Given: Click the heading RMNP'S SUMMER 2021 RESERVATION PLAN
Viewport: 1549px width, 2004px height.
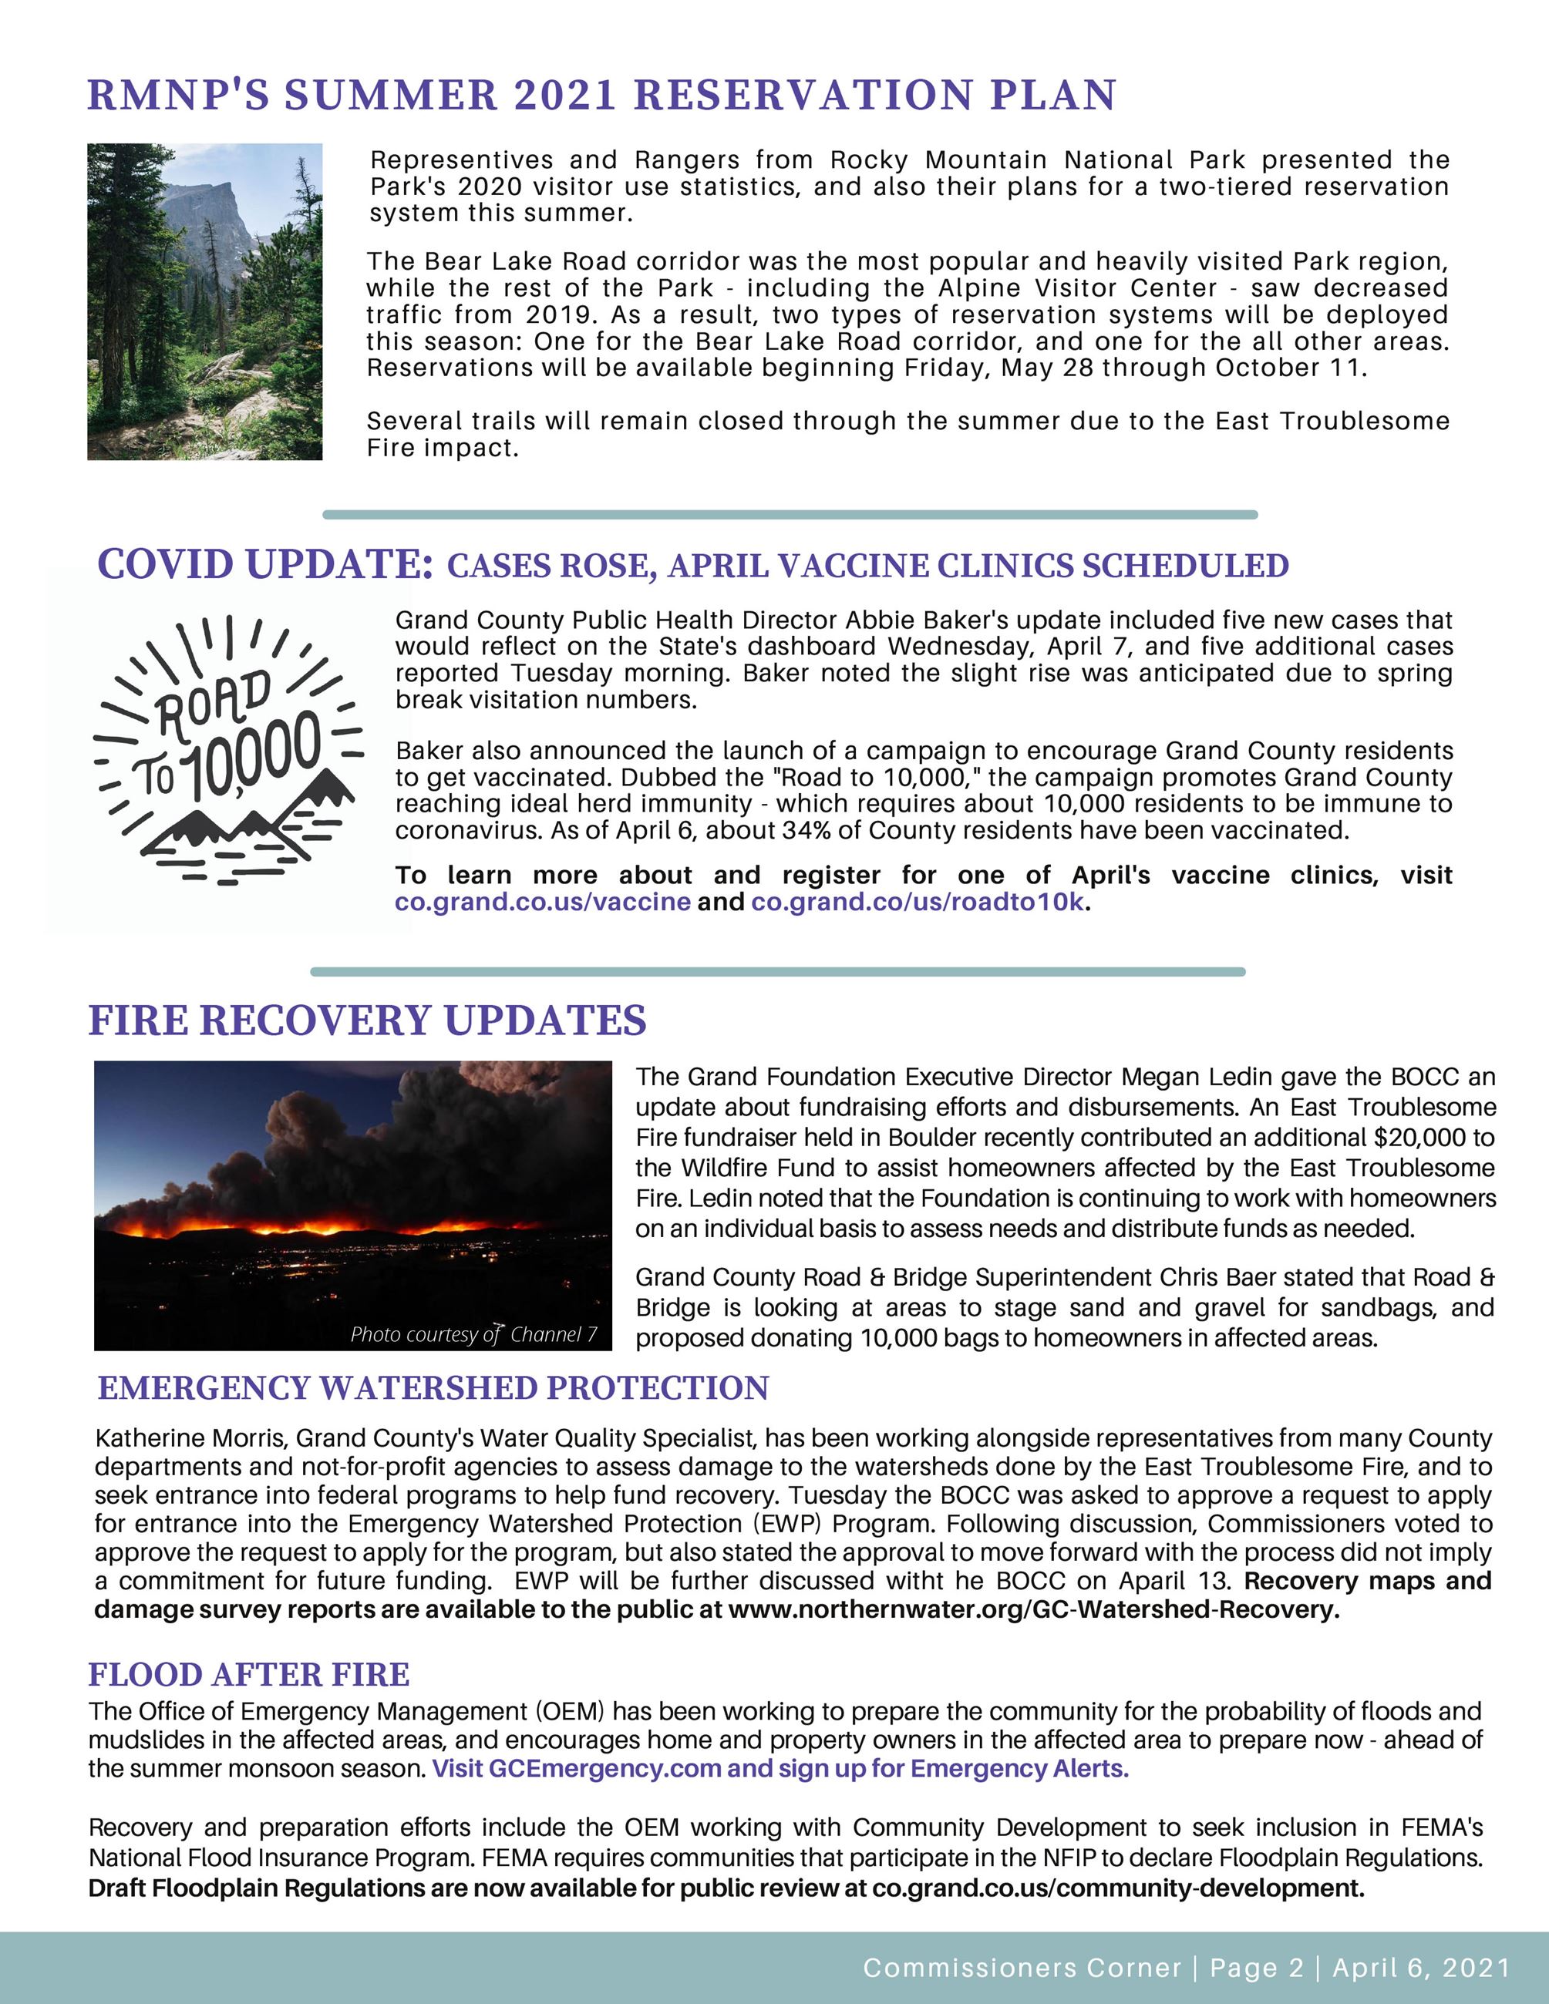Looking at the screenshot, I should [x=601, y=96].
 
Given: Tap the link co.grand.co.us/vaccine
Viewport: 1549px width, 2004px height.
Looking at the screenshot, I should [x=542, y=902].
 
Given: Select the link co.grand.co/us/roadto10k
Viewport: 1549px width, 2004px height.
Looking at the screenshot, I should [x=917, y=902].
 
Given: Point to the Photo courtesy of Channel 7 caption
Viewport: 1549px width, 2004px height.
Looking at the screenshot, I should [x=473, y=1334].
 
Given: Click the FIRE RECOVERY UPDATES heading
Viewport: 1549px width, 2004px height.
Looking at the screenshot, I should [x=367, y=1021].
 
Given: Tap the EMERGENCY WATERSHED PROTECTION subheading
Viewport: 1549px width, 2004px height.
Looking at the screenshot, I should [x=433, y=1388].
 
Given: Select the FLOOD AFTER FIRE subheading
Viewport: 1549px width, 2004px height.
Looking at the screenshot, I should [x=249, y=1675].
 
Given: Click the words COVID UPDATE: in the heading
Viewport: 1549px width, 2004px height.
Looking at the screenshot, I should [x=265, y=564].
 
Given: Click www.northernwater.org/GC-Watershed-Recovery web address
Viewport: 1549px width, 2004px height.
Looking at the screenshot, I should [x=1033, y=1610].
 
